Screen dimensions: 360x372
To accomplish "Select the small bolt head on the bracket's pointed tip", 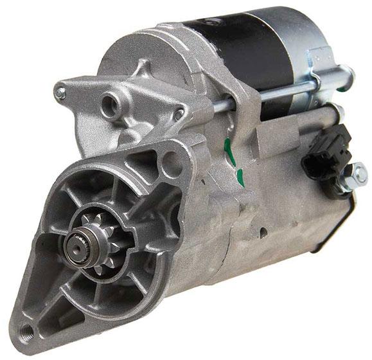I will tap(60, 93).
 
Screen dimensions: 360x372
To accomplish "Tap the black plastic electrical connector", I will tap(327, 152).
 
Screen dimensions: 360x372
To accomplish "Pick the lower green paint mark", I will tap(240, 175).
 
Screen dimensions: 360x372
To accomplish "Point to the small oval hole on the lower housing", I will tap(264, 229).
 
